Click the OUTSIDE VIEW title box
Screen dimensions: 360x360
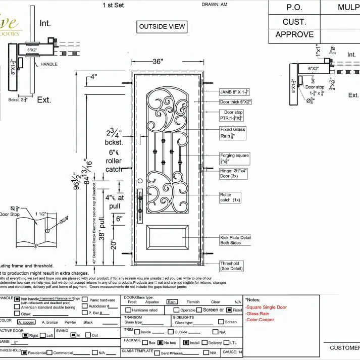click(162, 26)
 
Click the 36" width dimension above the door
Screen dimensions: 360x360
click(158, 62)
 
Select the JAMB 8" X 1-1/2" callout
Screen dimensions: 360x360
click(234, 92)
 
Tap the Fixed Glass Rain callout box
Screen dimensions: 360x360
click(233, 132)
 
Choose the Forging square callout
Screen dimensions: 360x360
click(235, 159)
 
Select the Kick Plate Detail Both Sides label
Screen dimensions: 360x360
click(235, 240)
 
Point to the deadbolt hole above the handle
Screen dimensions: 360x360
click(140, 191)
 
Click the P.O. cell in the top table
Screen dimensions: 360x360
click(294, 8)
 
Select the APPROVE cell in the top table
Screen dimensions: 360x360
click(294, 35)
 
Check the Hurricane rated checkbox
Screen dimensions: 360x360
click(128, 310)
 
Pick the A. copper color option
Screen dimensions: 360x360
click(26, 322)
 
